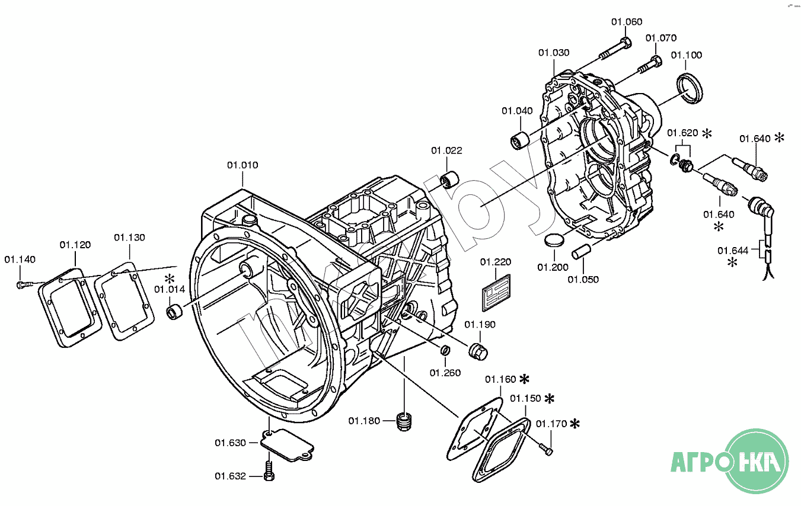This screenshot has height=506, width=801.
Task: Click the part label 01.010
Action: click(x=242, y=165)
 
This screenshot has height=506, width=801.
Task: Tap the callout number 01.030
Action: click(x=554, y=53)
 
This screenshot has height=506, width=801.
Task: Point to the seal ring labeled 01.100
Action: click(x=690, y=88)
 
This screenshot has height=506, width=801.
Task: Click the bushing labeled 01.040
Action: click(x=521, y=140)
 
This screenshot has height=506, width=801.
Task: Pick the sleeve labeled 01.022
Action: click(x=449, y=180)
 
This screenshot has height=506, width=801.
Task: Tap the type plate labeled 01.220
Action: click(x=496, y=292)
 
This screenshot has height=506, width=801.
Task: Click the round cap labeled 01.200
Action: click(x=554, y=240)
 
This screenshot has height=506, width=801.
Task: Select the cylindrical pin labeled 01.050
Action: click(x=582, y=251)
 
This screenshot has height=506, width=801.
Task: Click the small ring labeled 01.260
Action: click(x=445, y=350)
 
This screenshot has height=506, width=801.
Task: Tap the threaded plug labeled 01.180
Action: click(x=404, y=421)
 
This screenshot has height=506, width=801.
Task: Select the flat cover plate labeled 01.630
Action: click(x=287, y=446)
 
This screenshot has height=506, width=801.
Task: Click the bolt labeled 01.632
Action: click(x=269, y=471)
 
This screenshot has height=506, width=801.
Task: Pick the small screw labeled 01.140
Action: click(x=24, y=284)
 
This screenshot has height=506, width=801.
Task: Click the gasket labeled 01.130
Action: click(x=124, y=301)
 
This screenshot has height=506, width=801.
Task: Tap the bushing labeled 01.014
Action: click(x=174, y=312)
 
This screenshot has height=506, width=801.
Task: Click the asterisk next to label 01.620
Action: click(x=707, y=133)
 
